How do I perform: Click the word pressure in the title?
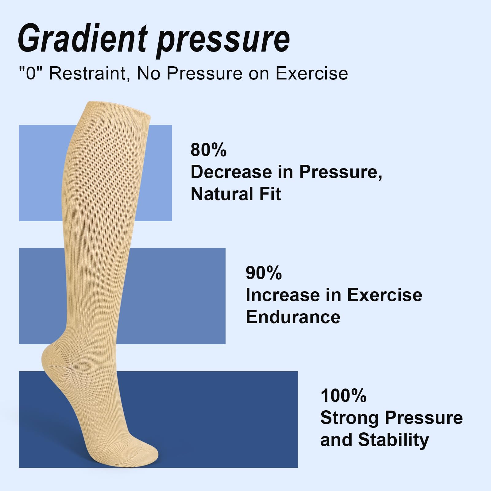pos(223,40)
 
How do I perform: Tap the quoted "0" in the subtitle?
pos(31,74)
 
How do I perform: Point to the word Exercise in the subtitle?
pos(312,74)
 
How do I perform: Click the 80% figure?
pos(208,150)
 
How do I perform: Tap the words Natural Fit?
pos(236,194)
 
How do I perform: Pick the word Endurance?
pos(293,317)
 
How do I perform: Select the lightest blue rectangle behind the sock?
pos(40,172)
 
